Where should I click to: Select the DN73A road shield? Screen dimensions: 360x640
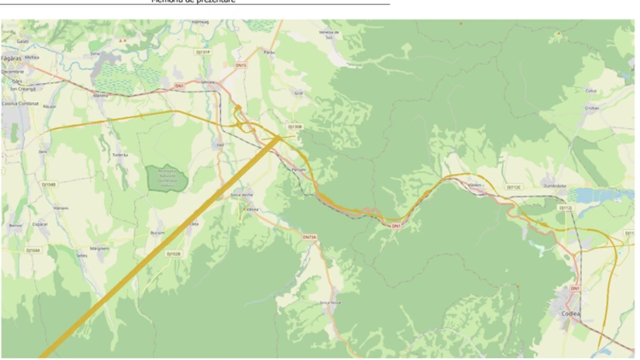tap(309, 237)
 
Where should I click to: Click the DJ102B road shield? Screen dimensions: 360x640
tap(174, 253)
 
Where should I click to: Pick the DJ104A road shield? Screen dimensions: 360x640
tap(33, 251)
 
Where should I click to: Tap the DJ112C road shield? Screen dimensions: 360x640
tap(514, 187)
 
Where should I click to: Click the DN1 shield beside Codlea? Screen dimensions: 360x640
tap(575, 289)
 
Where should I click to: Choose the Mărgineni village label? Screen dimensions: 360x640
tap(99, 248)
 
